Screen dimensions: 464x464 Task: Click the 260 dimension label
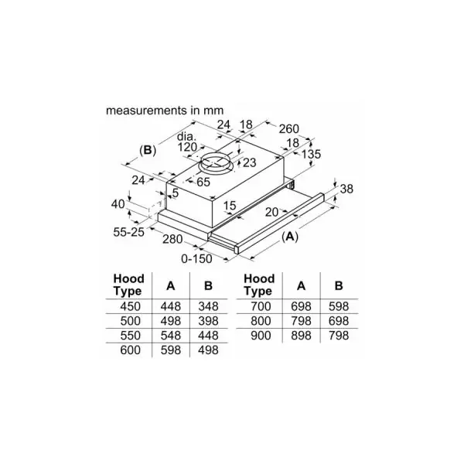coord(288,128)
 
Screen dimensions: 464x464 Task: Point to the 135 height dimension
coord(312,154)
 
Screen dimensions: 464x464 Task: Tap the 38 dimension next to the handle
coord(346,189)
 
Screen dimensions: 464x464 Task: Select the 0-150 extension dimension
coord(196,259)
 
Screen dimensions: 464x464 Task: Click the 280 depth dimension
coord(172,239)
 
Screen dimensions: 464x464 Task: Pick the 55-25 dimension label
coord(128,232)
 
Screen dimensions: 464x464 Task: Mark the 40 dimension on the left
coord(118,204)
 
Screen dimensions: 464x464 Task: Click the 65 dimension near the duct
coord(203,182)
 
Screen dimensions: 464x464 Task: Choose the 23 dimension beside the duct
coord(249,162)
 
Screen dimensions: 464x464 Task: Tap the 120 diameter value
coord(188,147)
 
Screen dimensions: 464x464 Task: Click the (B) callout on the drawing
coord(148,151)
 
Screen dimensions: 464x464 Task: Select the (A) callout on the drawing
coord(290,237)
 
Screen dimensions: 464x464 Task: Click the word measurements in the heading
coord(146,111)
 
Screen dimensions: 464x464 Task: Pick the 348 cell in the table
coord(208,306)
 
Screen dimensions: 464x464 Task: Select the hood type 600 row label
coord(130,350)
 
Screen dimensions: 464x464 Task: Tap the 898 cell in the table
coord(301,336)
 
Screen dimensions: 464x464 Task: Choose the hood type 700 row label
coord(261,306)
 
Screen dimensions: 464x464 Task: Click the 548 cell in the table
coord(171,336)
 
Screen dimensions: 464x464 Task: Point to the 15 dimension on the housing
coord(230,206)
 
